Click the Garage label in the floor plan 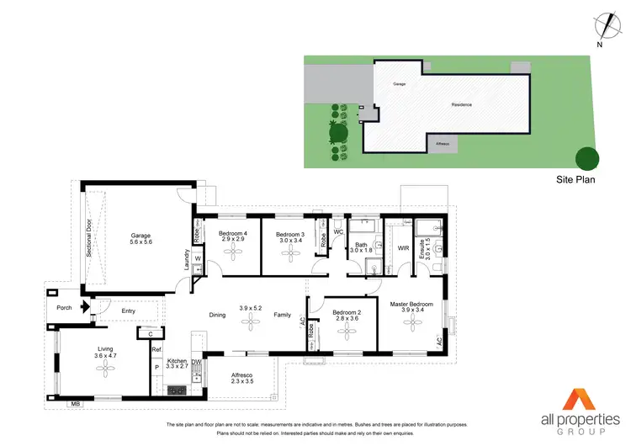click(140, 235)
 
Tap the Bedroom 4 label click(233, 233)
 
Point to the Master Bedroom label click(411, 303)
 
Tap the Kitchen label click(176, 360)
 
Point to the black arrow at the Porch click(83, 308)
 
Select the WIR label click(404, 248)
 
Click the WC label click(338, 231)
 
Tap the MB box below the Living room click(75, 404)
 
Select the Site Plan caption click(576, 179)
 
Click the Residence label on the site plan click(462, 104)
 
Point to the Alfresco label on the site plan click(442, 144)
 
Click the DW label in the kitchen click(196, 363)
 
